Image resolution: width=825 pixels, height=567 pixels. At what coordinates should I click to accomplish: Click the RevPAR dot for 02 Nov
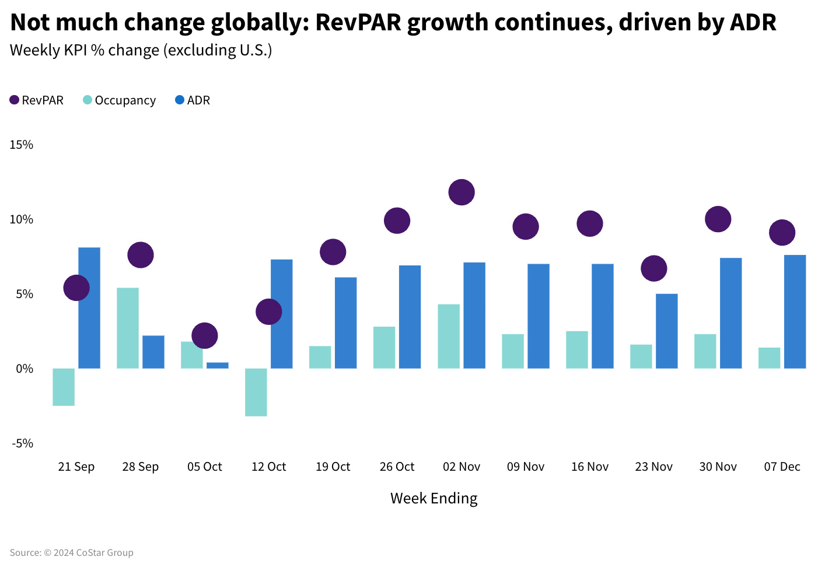(462, 192)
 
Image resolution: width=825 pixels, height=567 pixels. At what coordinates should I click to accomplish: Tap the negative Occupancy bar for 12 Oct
(256, 392)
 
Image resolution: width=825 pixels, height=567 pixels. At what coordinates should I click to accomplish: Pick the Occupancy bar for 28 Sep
(128, 328)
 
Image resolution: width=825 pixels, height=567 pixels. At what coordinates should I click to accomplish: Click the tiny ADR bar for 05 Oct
(218, 366)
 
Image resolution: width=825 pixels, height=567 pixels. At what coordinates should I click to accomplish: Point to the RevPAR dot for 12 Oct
(269, 312)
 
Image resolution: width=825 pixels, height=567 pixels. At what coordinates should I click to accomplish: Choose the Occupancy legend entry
(120, 100)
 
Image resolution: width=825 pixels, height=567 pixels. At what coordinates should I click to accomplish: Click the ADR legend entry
(193, 100)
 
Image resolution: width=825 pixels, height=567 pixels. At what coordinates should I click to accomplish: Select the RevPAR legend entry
(37, 100)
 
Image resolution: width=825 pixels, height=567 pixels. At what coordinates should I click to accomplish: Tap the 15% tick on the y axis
(22, 145)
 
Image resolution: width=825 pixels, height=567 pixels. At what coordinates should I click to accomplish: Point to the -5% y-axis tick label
(23, 443)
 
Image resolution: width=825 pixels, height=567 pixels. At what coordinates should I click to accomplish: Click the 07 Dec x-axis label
(782, 467)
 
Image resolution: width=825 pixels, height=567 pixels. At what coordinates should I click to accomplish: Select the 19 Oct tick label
(333, 467)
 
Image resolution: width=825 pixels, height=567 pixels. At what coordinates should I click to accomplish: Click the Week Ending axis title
(434, 498)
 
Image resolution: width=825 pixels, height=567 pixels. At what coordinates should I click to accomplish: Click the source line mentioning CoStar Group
(71, 552)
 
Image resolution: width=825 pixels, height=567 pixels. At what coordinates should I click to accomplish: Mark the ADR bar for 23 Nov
(667, 331)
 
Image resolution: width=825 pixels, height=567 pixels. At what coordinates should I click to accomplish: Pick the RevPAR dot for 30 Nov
(718, 219)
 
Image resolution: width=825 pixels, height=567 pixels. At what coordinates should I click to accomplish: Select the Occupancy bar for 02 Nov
(449, 336)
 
